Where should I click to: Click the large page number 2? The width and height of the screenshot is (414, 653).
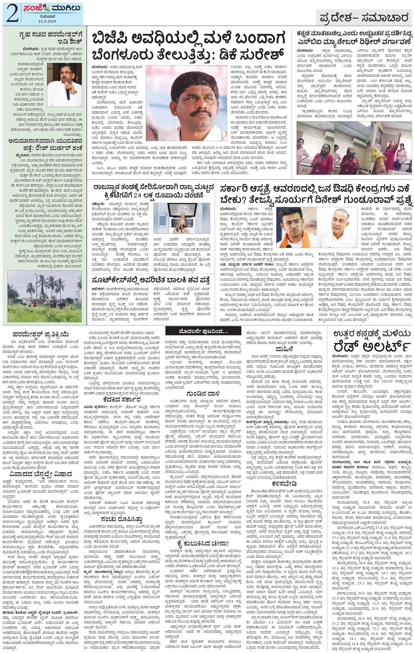point(11,14)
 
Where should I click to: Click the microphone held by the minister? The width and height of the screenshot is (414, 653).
point(68,90)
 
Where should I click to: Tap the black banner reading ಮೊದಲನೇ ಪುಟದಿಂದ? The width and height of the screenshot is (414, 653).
point(204,331)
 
